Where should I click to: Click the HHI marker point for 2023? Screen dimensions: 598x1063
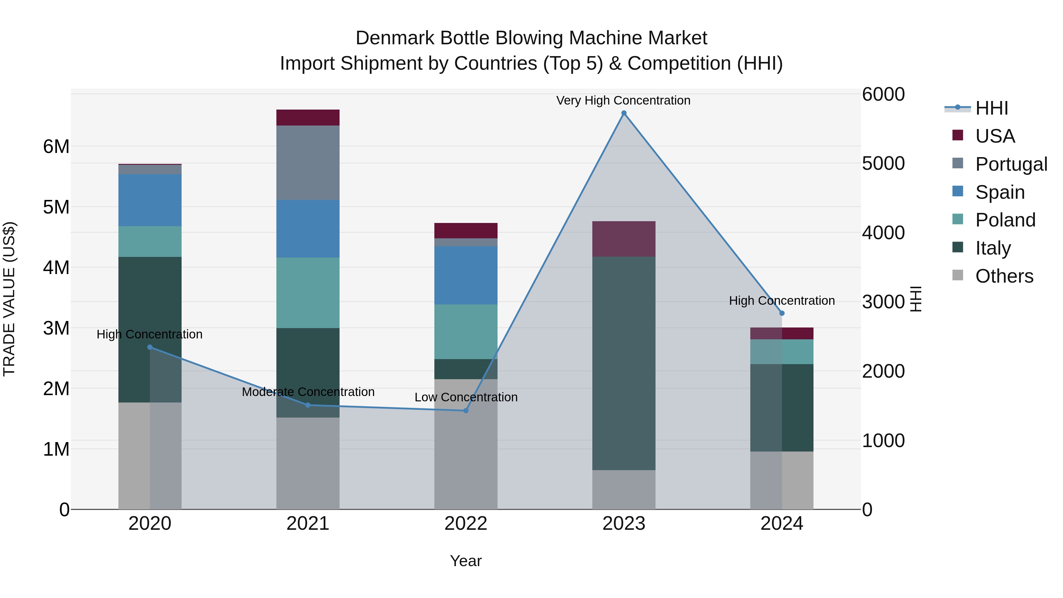click(624, 113)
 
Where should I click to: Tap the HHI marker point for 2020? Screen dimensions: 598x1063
click(150, 347)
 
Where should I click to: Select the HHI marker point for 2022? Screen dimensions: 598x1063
click(466, 411)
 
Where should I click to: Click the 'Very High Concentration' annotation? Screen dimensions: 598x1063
click(623, 100)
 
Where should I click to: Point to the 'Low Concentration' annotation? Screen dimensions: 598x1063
click(466, 397)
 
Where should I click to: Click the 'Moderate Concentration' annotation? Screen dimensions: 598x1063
click(308, 392)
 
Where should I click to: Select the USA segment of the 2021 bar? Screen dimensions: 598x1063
click(308, 118)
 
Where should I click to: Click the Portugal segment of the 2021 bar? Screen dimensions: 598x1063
click(308, 163)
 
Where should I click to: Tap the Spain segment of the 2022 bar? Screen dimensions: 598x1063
click(466, 275)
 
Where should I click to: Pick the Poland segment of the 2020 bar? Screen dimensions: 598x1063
click(150, 242)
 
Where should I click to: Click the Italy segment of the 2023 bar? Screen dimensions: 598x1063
click(624, 363)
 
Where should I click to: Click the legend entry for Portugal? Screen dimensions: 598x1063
click(1011, 164)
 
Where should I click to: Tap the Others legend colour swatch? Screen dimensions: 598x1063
click(957, 275)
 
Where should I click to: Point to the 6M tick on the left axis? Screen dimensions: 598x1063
click(56, 146)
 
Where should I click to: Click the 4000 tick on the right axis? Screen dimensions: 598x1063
click(883, 232)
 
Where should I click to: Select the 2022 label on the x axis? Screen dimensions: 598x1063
click(466, 524)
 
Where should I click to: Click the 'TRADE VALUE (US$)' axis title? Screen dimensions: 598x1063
click(9, 299)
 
